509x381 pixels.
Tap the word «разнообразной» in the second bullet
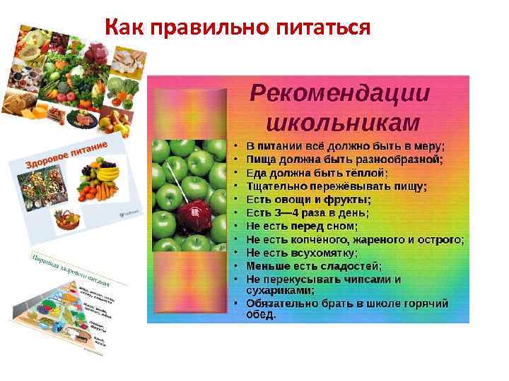[399, 159]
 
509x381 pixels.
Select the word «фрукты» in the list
[348, 200]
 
